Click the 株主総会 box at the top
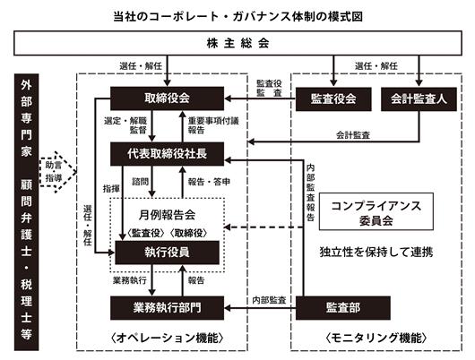coord(237,43)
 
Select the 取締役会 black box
coord(167,99)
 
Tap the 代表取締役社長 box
coord(167,154)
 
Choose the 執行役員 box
coord(167,253)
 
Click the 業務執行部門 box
coord(167,308)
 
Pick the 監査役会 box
coord(333,99)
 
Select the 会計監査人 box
coord(419,99)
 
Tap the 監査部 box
coord(343,308)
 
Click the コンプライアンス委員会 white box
coord(376,211)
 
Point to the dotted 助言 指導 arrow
coord(57,172)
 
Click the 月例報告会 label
coord(167,215)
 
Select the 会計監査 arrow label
coord(353,135)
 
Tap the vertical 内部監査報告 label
coord(310,193)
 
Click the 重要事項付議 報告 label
coord(213,125)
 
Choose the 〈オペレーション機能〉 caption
coord(167,338)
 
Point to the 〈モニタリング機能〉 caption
coord(376,338)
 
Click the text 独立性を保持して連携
coord(376,252)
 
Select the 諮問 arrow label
coord(140,182)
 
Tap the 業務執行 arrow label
coord(130,280)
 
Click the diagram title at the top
coord(237,16)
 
